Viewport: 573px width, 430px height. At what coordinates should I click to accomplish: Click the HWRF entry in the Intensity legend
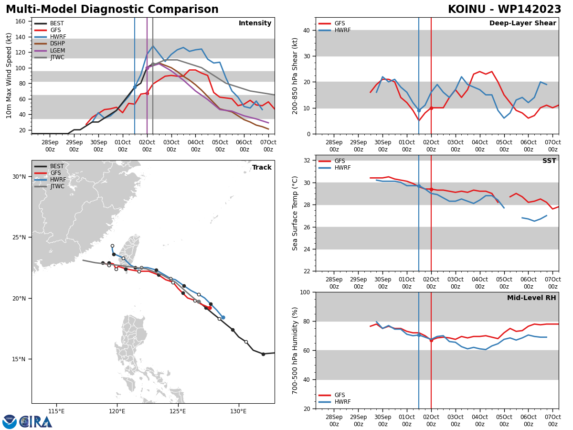coord(58,37)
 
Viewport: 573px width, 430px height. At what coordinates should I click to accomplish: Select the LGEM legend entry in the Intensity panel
coord(58,51)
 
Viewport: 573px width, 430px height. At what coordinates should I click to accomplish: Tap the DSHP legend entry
coord(58,43)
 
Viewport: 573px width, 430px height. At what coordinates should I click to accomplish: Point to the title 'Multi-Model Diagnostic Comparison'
coord(112,10)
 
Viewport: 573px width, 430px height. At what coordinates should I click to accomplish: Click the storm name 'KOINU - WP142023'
coord(504,10)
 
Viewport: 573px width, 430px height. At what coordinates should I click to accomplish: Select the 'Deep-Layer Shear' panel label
coord(522,23)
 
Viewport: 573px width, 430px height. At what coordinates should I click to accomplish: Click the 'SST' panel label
coord(549,161)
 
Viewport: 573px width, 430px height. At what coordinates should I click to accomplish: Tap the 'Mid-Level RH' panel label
coord(531,298)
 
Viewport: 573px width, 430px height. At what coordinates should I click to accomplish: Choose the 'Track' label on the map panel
coord(262,168)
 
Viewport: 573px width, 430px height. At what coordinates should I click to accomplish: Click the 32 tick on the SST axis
coord(306,161)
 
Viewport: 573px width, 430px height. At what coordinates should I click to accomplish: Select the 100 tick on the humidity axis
coord(304,292)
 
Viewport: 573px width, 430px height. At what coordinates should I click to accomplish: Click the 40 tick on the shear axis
coord(306,30)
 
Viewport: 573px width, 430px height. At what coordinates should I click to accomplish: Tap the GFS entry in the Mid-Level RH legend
coord(339,395)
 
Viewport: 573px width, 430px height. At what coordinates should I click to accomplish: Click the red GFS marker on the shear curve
coord(431,108)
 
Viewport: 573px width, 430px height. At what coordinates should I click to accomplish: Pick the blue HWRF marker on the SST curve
coord(419,186)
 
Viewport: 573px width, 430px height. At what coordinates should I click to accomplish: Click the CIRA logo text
coord(36,421)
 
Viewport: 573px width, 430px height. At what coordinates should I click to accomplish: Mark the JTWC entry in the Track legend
coord(58,187)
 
